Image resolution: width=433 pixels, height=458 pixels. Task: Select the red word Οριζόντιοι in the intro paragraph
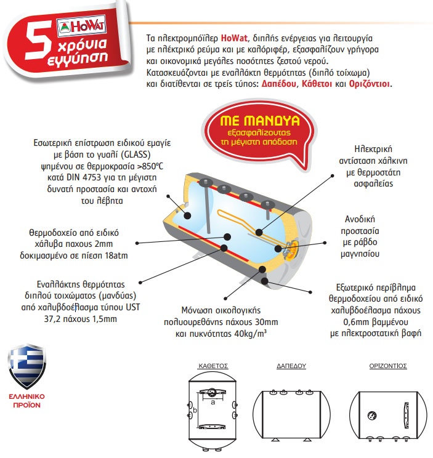coord(369,84)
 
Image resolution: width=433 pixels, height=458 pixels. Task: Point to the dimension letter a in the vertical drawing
coord(212,401)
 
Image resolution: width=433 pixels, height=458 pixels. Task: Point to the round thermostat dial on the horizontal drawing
coord(371,414)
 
